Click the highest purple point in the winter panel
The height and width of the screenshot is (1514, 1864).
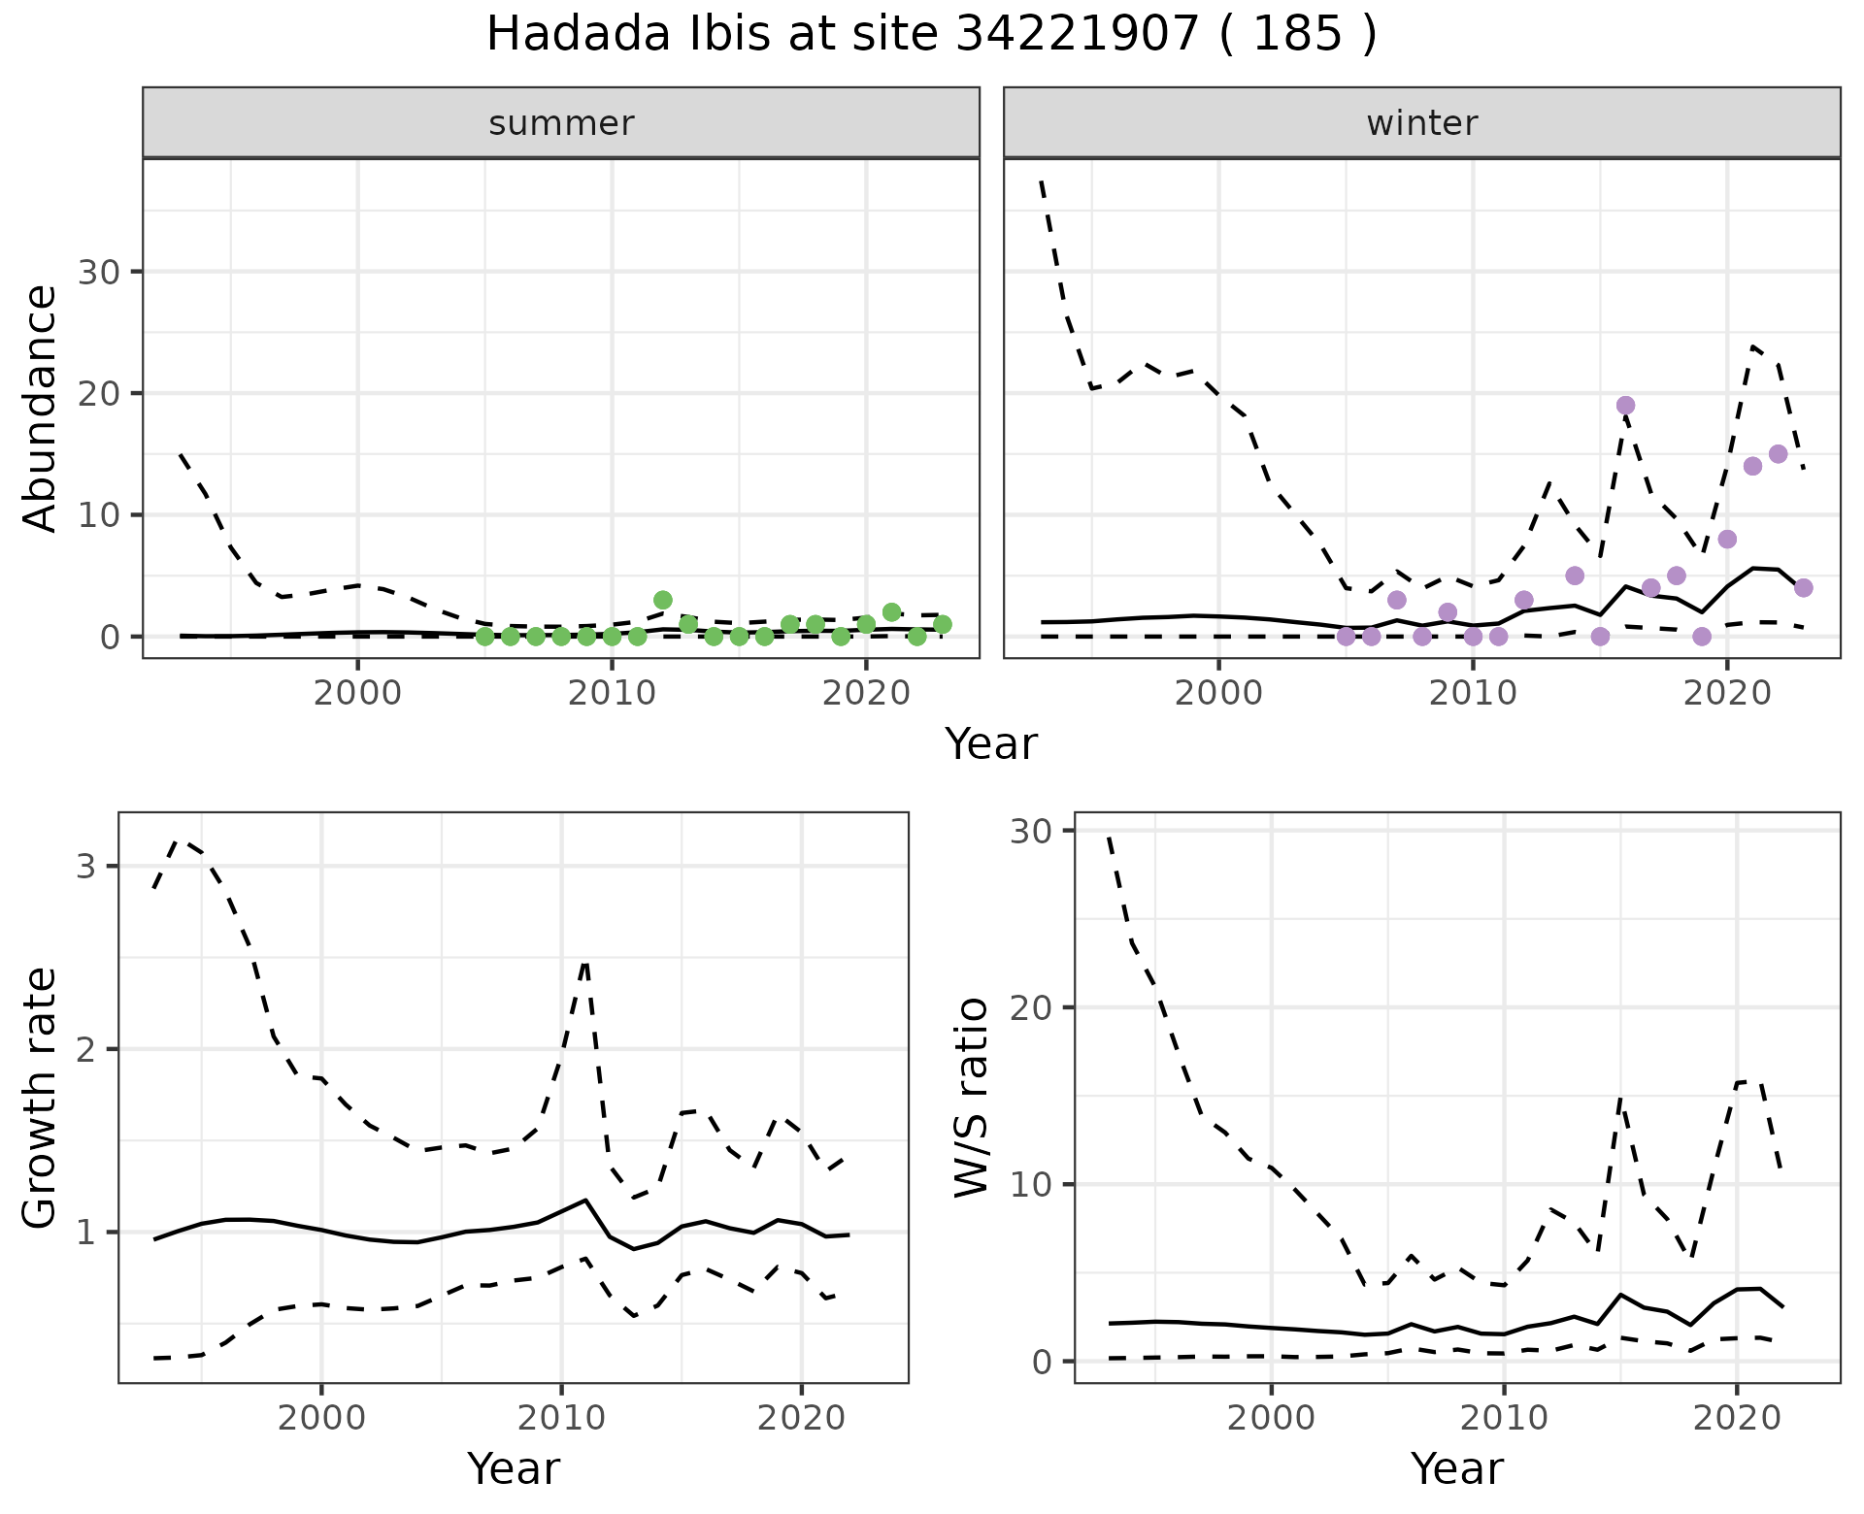1625,406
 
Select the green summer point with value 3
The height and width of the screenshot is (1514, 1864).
663,600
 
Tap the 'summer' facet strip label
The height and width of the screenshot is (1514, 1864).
561,123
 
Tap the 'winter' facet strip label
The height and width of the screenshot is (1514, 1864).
1421,123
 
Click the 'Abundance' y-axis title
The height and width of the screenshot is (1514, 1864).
41,409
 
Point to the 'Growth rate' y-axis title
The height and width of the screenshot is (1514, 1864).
41,1099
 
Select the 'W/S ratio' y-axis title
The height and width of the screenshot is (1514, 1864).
971,1098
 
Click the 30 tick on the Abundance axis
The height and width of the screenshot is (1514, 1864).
98,272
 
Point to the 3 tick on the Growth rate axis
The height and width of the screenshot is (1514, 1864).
85,866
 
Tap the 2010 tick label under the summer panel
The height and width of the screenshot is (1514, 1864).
612,694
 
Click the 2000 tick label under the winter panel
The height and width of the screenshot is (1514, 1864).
1218,694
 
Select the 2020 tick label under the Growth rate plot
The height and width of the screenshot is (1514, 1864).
801,1419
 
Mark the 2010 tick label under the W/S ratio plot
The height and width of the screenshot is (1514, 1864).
1504,1419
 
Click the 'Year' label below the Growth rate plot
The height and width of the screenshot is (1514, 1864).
514,1468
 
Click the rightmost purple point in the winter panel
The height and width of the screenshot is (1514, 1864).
1803,588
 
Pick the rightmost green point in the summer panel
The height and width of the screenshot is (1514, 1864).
942,624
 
